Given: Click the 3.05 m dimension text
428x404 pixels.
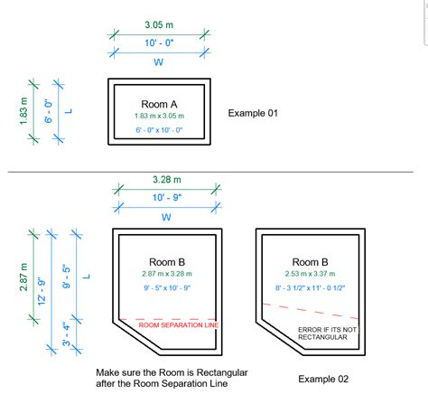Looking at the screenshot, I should pos(159,24).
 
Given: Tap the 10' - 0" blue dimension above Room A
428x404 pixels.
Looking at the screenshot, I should pos(159,44).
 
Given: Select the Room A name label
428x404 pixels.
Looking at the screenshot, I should pos(161,103).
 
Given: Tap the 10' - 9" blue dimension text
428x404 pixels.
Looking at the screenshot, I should pos(165,198).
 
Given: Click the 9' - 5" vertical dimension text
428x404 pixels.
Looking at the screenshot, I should pos(67,277).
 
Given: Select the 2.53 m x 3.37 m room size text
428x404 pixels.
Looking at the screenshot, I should pos(310,274).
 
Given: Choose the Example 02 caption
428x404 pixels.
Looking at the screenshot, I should pos(321,379).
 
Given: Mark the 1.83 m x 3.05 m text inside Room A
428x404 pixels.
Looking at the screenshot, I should pos(160,116).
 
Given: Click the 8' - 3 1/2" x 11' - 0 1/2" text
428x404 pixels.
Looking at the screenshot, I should pos(310,288).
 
